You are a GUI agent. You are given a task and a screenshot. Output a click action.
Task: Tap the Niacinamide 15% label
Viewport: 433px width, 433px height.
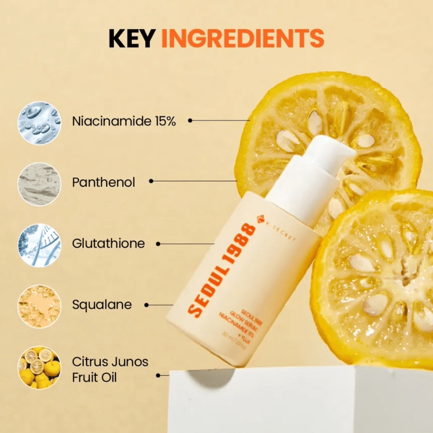pos(124,121)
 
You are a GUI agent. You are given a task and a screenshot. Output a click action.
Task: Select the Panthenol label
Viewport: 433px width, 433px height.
pos(104,182)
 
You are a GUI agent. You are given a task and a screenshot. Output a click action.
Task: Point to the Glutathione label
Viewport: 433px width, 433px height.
pos(108,244)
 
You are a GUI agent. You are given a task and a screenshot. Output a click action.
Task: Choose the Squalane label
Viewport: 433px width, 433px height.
pos(102,305)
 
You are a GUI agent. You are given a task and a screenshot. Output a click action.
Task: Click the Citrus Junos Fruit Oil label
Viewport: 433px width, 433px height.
pos(110,369)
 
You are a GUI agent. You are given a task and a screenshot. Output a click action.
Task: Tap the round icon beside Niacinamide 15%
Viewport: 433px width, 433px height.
pos(39,123)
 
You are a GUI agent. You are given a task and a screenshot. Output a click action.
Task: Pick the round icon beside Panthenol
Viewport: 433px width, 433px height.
pos(39,184)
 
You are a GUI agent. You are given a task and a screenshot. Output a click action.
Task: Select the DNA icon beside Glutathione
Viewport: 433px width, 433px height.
pos(39,245)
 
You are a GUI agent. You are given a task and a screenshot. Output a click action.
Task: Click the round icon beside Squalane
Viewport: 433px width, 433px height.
pos(39,307)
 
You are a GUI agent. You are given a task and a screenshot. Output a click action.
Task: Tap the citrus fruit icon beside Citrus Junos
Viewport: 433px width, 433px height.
pos(39,368)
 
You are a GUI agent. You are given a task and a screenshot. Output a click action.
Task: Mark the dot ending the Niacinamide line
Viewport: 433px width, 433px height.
pos(190,121)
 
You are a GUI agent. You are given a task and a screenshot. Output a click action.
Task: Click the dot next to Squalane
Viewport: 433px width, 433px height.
pos(146,305)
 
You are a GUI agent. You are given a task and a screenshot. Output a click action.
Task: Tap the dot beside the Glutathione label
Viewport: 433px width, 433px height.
pos(158,244)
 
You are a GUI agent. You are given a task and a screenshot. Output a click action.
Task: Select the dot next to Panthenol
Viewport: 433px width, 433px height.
pos(151,181)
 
